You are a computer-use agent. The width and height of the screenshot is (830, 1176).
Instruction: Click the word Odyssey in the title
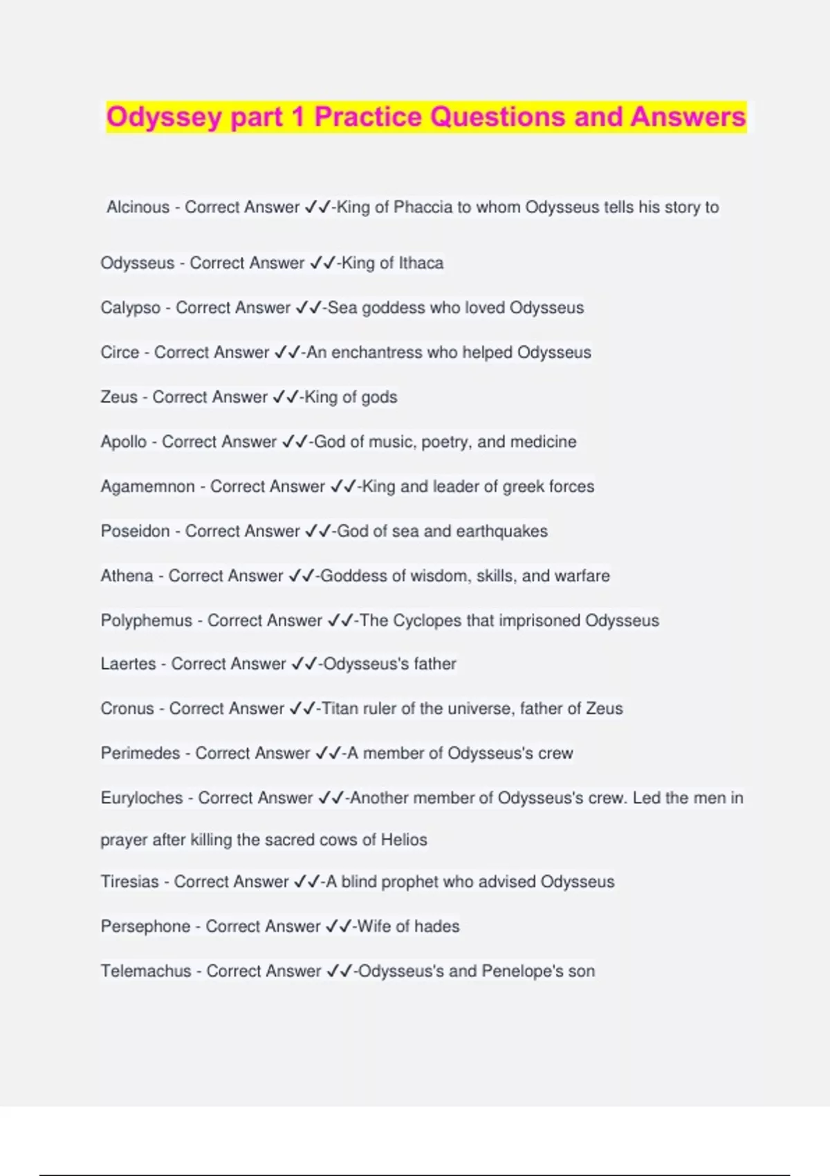164,117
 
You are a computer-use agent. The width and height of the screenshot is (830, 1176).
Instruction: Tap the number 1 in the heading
297,117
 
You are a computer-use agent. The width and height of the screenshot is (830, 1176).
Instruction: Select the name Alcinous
138,207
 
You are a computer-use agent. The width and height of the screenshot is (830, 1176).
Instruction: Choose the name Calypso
130,307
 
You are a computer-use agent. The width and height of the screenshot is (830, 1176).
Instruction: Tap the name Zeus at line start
119,397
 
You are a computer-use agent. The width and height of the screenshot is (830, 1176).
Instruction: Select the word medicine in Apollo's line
543,441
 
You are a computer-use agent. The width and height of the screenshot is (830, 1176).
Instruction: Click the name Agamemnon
147,486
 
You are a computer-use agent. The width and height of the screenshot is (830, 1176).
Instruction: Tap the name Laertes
128,664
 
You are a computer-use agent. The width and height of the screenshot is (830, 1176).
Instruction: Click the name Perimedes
140,753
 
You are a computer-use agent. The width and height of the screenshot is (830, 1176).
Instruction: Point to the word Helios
404,840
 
